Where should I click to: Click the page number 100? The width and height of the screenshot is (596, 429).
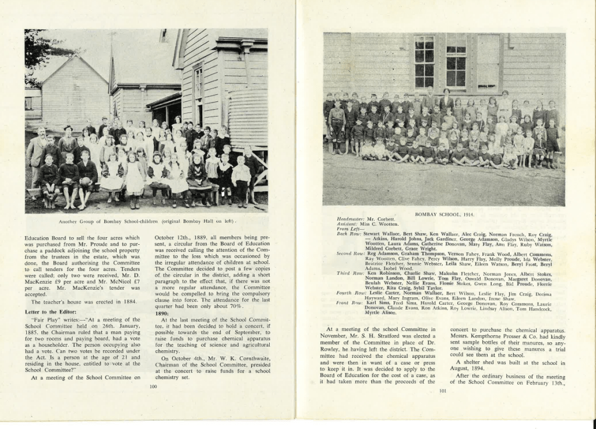pos(153,386)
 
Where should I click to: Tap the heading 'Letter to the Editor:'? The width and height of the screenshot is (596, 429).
pos(49,311)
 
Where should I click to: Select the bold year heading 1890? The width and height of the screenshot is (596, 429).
pos(162,313)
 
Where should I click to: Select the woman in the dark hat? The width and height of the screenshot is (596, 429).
pos(68,140)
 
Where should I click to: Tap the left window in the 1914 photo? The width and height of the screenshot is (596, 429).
pos(424,61)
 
